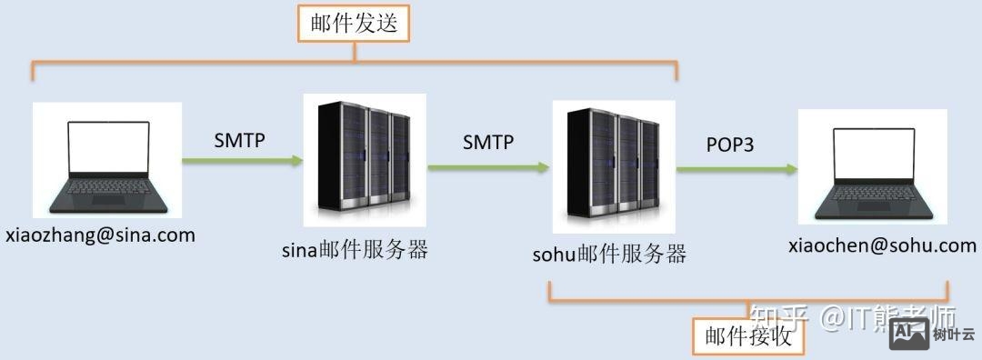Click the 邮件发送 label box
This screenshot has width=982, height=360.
tap(354, 25)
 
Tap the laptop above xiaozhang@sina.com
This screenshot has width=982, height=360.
tap(107, 162)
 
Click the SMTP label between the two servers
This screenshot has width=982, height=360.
tap(488, 142)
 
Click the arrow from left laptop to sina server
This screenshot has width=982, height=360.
tap(242, 162)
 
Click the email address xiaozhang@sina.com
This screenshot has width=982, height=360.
tap(100, 235)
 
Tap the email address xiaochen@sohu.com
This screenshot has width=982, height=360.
tap(882, 245)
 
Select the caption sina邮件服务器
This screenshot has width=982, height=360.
tap(355, 250)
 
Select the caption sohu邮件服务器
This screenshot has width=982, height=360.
tap(609, 253)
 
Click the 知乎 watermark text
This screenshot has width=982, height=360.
tap(779, 317)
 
